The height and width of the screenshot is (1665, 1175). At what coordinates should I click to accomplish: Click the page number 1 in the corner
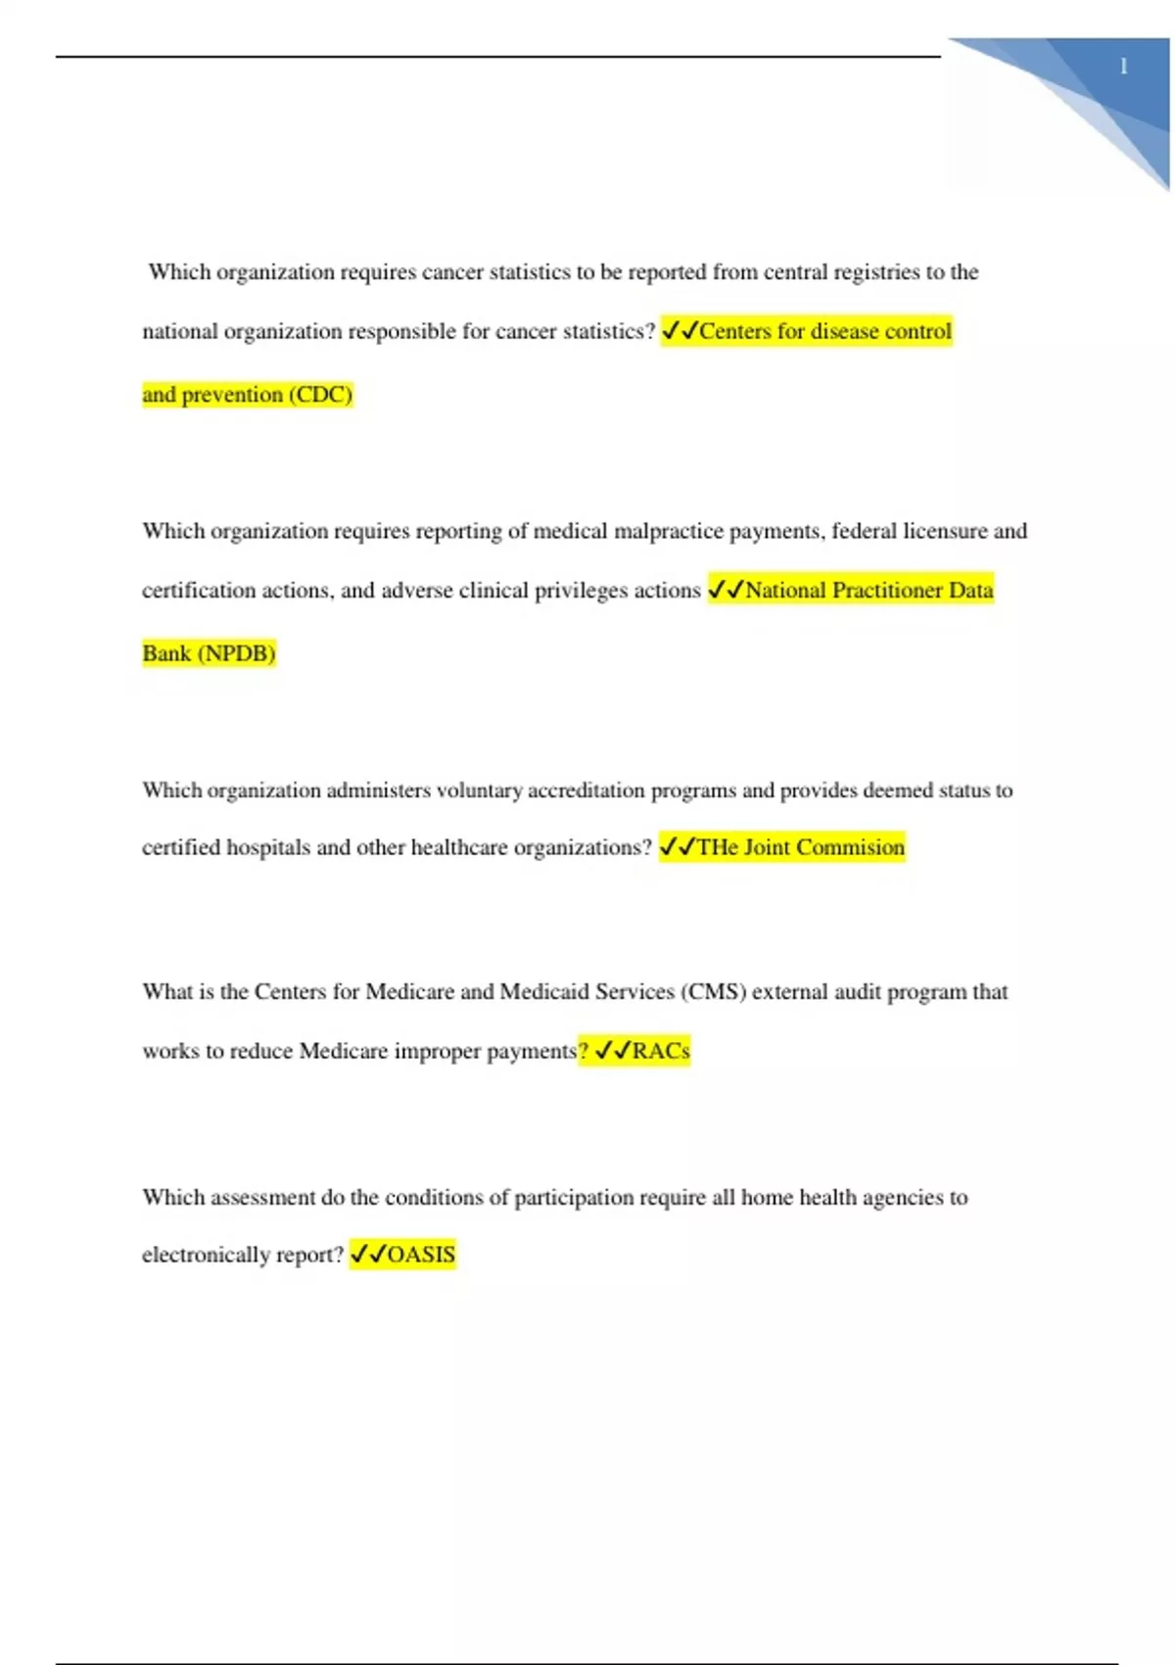coord(1124,67)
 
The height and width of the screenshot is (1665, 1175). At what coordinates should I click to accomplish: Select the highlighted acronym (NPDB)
coord(237,653)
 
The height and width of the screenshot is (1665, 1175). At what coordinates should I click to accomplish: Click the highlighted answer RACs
coord(661,1051)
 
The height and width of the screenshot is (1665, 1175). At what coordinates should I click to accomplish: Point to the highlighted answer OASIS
coord(421,1255)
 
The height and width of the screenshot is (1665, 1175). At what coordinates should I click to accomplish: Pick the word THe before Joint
coord(717,847)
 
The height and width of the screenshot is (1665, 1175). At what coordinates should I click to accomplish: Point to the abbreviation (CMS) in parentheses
coord(714,992)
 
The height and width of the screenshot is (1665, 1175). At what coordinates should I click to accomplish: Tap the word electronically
coord(203,1255)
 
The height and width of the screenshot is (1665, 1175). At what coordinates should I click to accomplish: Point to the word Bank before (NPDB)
coord(166,653)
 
